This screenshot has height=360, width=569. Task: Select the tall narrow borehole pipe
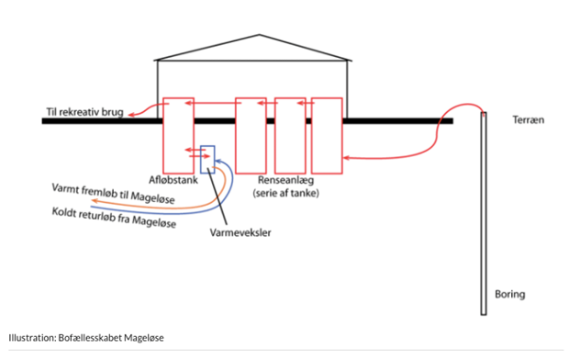(484, 211)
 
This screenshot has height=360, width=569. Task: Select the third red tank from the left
(290, 136)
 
